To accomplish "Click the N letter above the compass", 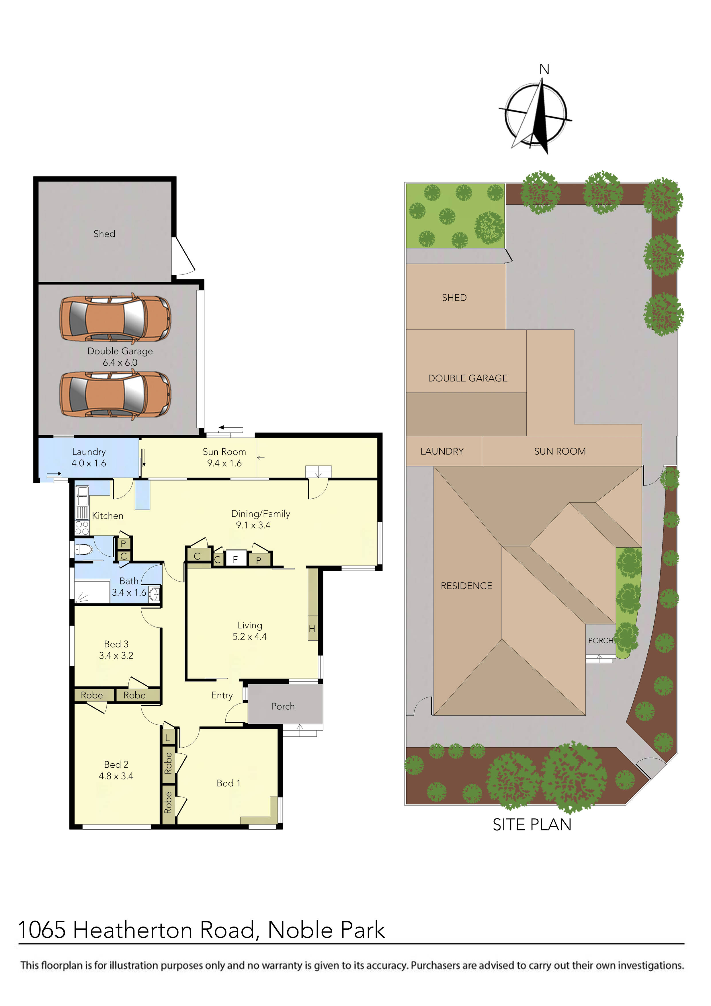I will [544, 69].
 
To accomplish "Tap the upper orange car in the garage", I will [115, 319].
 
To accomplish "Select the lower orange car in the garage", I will [115, 394].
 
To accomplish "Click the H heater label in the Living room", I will [312, 629].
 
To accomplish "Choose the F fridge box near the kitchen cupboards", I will [235, 559].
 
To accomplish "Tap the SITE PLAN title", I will [532, 824].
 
